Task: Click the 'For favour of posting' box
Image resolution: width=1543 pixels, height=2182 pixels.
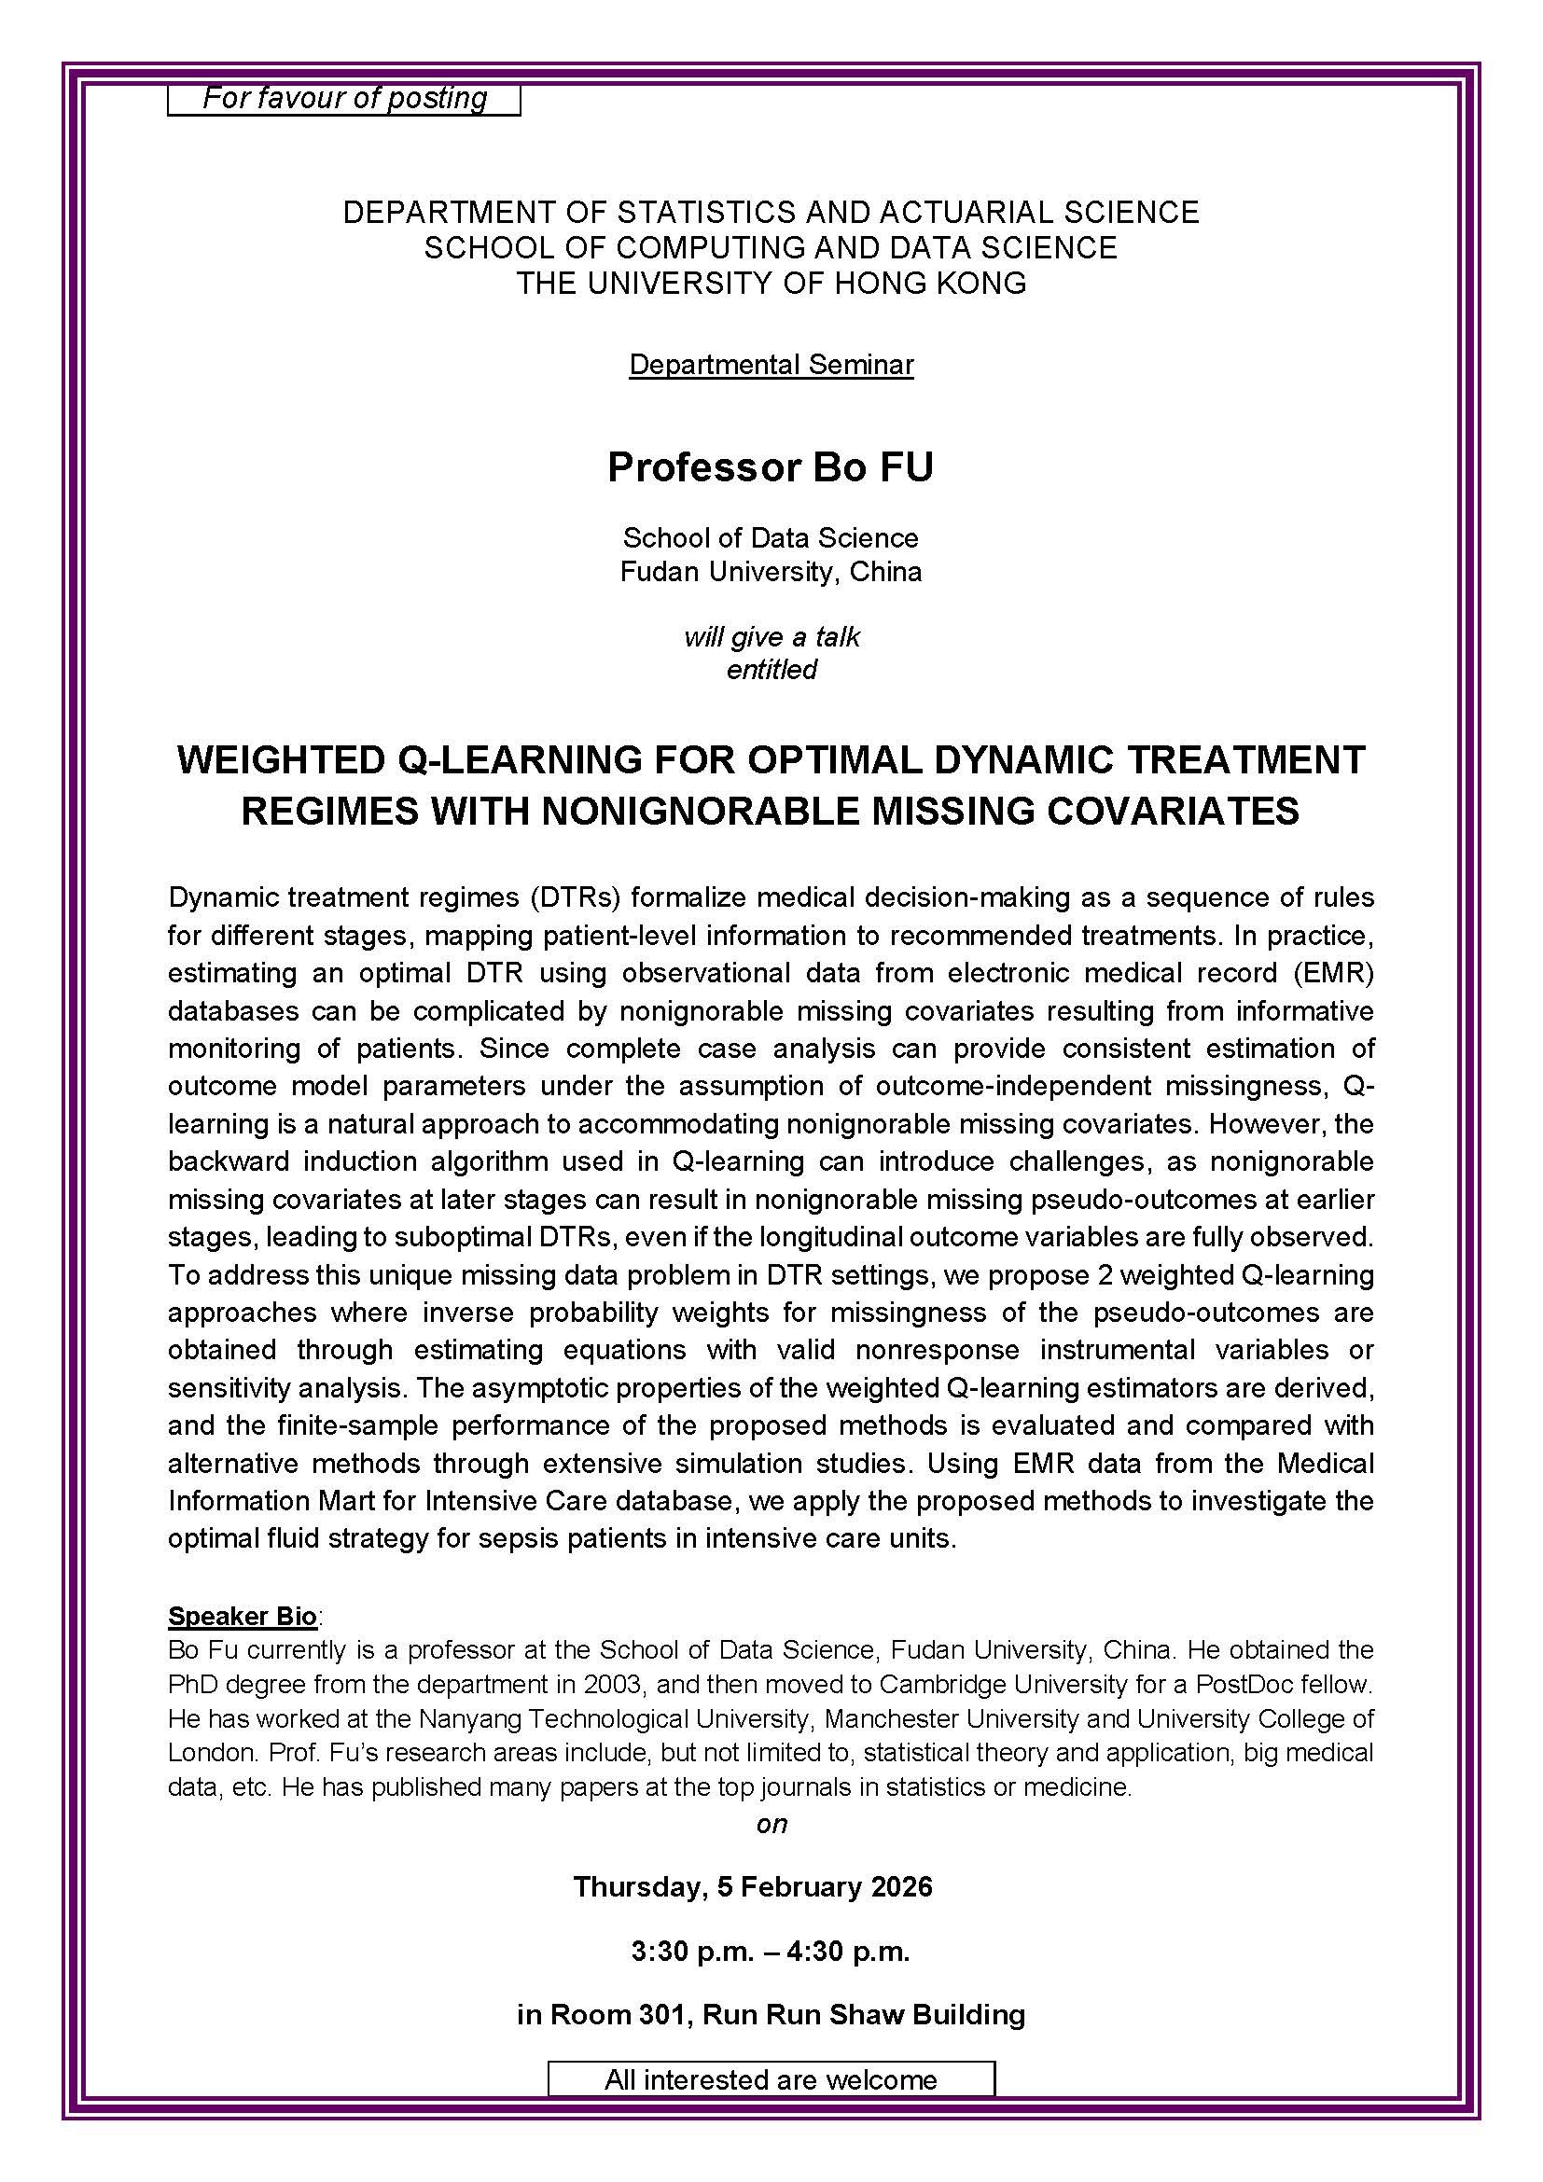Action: [x=344, y=99]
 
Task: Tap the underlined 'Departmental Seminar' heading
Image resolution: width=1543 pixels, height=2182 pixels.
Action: [x=771, y=365]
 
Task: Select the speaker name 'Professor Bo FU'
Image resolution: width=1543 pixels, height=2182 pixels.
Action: [x=771, y=467]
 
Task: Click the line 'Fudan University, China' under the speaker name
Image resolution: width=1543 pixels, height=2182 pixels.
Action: [x=771, y=572]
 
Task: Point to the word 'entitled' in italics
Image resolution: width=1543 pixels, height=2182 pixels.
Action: [x=771, y=670]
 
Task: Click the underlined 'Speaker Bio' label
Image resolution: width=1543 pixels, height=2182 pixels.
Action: [x=243, y=1616]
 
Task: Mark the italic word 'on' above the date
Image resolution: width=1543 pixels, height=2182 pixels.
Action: [x=771, y=1824]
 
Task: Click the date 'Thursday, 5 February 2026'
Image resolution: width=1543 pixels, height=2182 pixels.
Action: [x=753, y=1887]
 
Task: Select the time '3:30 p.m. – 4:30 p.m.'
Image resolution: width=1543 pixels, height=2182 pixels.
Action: [x=771, y=1951]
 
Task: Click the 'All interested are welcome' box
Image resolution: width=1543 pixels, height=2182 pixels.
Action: [x=771, y=2079]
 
